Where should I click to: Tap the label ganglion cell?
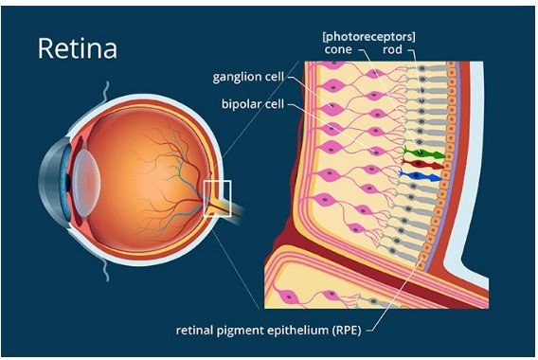pos(248,77)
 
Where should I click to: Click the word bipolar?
pos(237,103)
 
